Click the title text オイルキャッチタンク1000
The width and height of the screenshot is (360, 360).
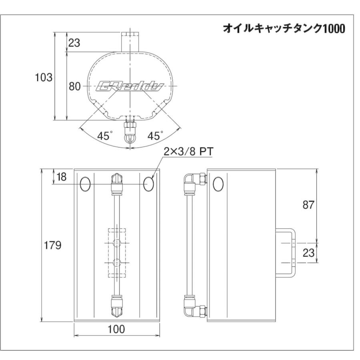(283, 29)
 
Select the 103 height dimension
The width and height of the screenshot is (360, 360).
(44, 78)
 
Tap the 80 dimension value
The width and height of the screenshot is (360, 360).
(75, 86)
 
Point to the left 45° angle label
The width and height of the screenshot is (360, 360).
(104, 136)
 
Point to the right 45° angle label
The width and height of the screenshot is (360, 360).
(156, 136)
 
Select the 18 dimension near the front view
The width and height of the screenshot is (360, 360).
(62, 176)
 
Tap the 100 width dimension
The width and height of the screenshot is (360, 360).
(116, 329)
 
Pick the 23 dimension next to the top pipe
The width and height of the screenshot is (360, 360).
(74, 43)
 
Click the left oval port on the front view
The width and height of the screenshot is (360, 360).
(85, 184)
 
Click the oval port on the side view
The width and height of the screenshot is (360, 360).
(218, 184)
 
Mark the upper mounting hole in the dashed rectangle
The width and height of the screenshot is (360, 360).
(117, 243)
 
